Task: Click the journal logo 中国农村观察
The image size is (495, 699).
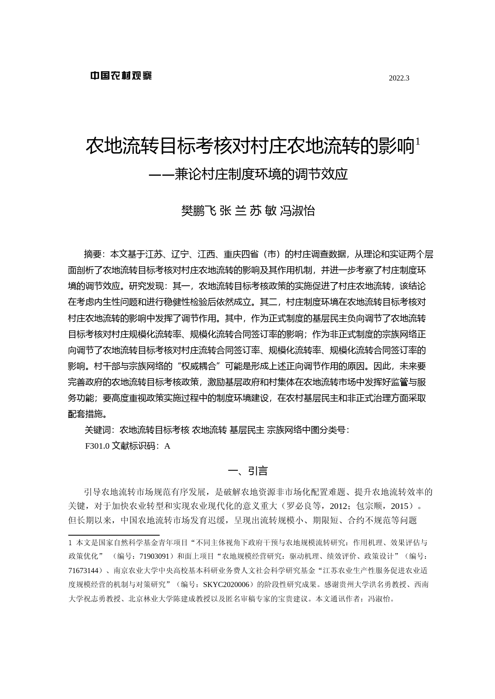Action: click(121, 76)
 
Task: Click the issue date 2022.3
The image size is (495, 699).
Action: click(399, 79)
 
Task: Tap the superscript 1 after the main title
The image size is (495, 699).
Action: click(418, 141)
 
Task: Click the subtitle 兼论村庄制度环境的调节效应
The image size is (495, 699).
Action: click(261, 175)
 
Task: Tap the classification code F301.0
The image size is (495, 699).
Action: click(97, 446)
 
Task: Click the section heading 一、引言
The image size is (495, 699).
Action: click(247, 471)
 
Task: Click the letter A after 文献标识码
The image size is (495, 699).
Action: click(167, 446)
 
